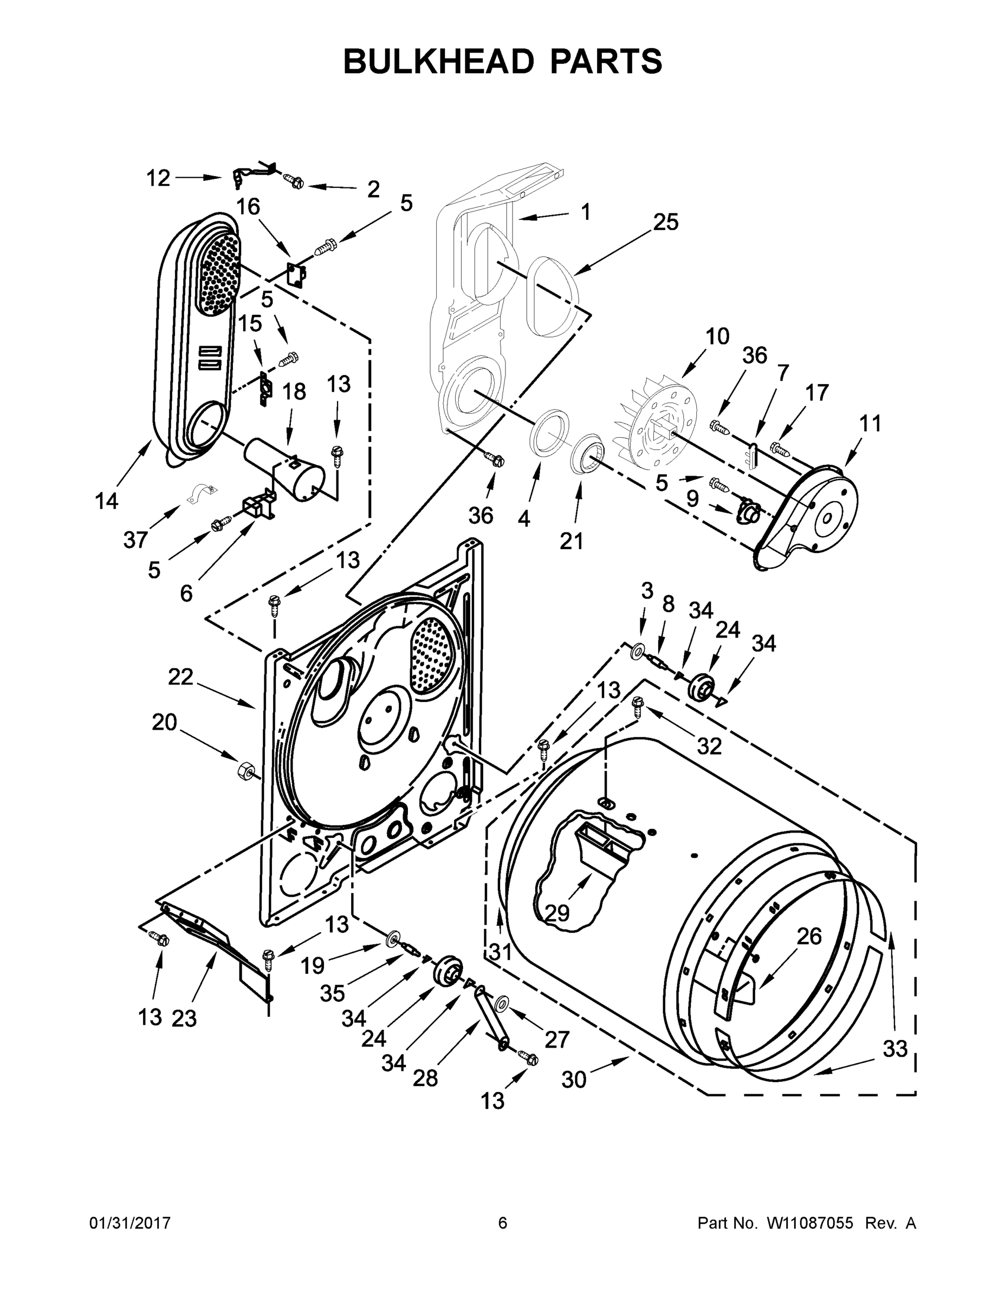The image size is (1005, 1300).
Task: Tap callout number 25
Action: coord(666,223)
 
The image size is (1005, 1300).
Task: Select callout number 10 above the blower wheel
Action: coord(717,337)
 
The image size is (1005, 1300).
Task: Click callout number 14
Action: coord(107,501)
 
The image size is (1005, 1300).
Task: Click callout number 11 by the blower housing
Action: coord(870,424)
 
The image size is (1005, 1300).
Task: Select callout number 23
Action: coord(184,1019)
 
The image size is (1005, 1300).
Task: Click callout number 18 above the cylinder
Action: coord(294,392)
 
